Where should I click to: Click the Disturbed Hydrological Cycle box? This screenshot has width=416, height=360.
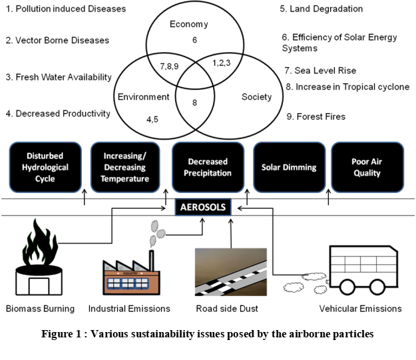[45, 167]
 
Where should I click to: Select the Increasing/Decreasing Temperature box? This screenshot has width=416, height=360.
[125, 167]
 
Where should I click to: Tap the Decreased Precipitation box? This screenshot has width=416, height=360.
[208, 167]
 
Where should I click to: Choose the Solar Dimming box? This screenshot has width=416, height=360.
[289, 167]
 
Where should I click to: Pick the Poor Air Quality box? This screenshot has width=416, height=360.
[367, 167]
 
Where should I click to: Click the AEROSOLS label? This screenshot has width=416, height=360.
[203, 208]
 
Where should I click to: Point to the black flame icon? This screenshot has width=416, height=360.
[40, 243]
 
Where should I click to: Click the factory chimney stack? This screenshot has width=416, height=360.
[152, 260]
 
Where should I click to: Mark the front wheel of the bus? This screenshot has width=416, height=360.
[377, 287]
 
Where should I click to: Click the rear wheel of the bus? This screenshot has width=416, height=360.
[347, 287]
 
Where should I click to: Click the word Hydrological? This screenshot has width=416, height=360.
[45, 168]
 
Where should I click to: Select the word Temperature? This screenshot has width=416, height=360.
[125, 179]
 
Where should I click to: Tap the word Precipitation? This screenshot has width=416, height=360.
[208, 173]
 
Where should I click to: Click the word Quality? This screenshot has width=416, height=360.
[367, 173]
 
